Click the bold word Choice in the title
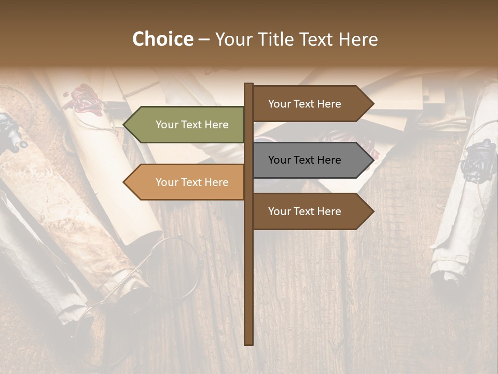coord(162,39)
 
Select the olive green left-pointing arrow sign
coord(184,125)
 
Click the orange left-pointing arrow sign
coord(184,182)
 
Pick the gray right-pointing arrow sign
coord(311,160)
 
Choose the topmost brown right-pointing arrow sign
coord(311,104)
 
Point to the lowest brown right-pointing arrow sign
coord(311,211)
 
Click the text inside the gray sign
coord(305,160)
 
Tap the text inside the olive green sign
coord(192,125)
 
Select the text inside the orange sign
coord(192,182)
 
